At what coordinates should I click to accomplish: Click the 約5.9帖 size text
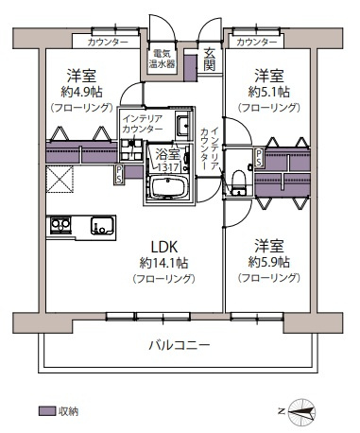point(268,262)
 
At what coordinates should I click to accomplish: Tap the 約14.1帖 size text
point(163,262)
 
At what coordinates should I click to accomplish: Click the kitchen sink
point(102,226)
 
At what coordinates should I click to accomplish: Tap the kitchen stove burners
point(61,226)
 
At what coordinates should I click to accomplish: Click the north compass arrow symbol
point(302,411)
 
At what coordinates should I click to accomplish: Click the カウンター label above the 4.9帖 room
point(107,43)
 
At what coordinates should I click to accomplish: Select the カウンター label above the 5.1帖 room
point(256,43)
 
